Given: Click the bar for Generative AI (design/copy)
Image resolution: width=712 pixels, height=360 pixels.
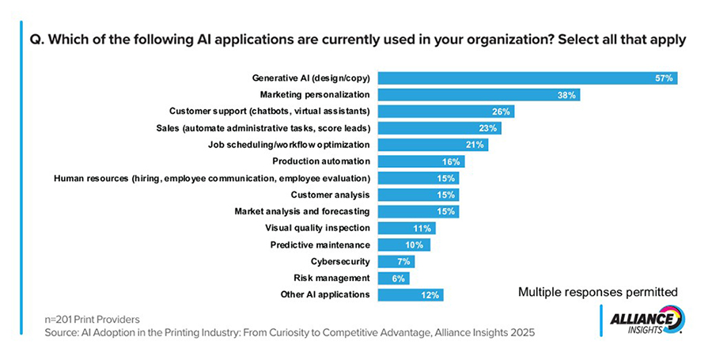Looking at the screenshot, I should [527, 78].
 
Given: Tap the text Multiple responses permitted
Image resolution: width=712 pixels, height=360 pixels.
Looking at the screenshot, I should [598, 292].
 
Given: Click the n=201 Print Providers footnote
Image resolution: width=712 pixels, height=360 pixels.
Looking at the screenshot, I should [93, 319].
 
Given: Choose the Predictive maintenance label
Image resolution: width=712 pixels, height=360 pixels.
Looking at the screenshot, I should [320, 244].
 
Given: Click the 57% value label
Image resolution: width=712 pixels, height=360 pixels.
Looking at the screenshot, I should [663, 78].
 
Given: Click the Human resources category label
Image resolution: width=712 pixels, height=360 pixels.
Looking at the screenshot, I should [211, 178].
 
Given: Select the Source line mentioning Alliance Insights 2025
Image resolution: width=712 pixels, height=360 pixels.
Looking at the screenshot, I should [290, 333].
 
